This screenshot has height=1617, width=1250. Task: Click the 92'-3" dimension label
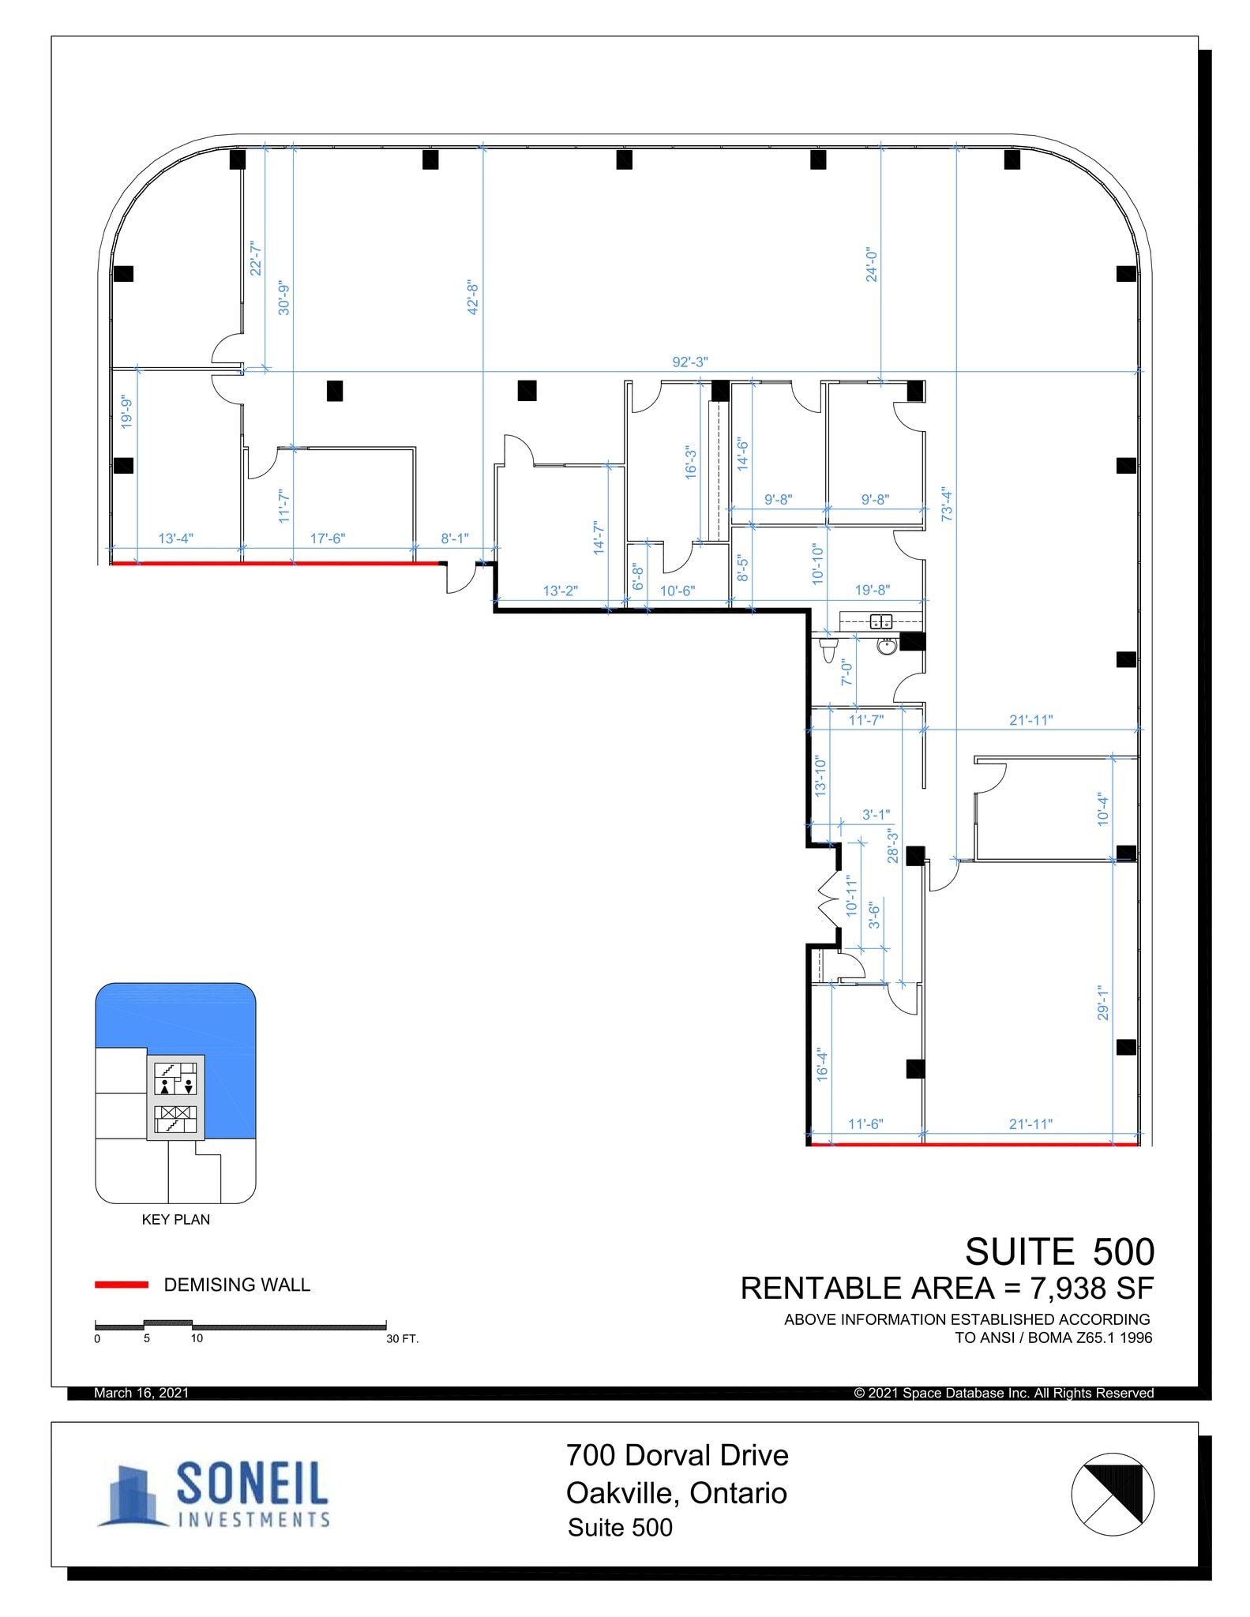689,362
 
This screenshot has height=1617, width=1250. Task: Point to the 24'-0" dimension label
872,264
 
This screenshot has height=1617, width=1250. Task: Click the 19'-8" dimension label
873,589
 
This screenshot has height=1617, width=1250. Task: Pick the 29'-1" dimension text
1103,1001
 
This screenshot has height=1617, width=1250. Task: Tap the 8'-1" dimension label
455,538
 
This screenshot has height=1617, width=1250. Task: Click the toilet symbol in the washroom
828,650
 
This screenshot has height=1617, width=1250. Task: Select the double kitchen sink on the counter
880,622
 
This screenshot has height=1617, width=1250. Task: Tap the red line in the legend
121,1285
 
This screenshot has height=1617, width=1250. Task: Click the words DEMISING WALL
237,1285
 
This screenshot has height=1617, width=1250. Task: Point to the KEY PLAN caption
175,1219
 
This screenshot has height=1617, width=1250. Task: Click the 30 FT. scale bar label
402,1338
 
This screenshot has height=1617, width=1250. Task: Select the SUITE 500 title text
1059,1251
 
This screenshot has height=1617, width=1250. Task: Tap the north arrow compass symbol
1112,1494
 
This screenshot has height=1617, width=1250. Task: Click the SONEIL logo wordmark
251,1482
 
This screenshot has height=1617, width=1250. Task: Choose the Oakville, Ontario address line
676,1493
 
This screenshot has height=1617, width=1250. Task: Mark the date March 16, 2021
141,1393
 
